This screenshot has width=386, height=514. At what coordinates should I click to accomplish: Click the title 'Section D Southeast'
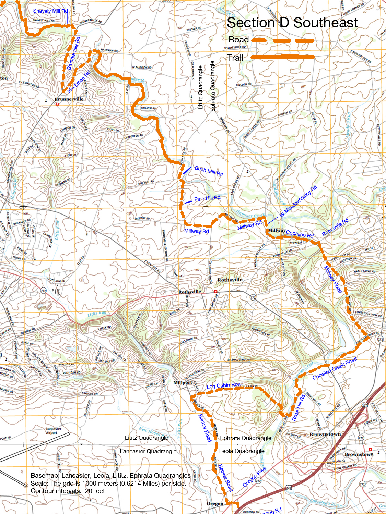pos(292,23)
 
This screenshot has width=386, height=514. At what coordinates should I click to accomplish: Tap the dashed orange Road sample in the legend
pos(283,40)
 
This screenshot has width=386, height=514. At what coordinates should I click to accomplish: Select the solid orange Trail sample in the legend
pos(283,57)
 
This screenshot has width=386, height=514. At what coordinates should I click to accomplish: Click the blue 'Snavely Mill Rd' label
pos(50,11)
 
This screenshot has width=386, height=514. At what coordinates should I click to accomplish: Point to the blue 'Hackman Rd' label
pos(79,82)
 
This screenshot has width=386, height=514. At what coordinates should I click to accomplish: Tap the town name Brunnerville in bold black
pos(69,99)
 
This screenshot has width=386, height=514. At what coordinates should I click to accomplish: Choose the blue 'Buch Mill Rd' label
pos(209,171)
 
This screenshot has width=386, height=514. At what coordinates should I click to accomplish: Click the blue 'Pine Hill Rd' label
pos(207,198)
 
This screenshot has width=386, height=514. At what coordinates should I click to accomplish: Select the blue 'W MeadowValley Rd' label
pos(298,201)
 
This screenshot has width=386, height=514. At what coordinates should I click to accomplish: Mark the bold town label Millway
pos(277,230)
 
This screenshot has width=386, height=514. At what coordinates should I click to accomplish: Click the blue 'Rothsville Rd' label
pos(335,227)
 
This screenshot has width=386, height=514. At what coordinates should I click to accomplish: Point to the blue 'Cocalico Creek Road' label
pos(335,368)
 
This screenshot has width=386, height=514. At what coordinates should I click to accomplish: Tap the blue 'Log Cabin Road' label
pos(225,385)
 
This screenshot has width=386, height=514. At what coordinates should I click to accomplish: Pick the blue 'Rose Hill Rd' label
pos(298,408)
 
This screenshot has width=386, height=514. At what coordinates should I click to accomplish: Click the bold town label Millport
pos(183,382)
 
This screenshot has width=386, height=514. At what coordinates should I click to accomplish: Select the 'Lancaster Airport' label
pos(54,431)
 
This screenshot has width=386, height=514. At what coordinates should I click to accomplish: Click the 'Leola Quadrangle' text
pos(242,451)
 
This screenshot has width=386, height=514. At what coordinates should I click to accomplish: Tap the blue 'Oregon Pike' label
pos(254,477)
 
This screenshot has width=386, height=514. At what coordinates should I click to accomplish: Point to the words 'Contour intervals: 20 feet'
pos(68,491)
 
